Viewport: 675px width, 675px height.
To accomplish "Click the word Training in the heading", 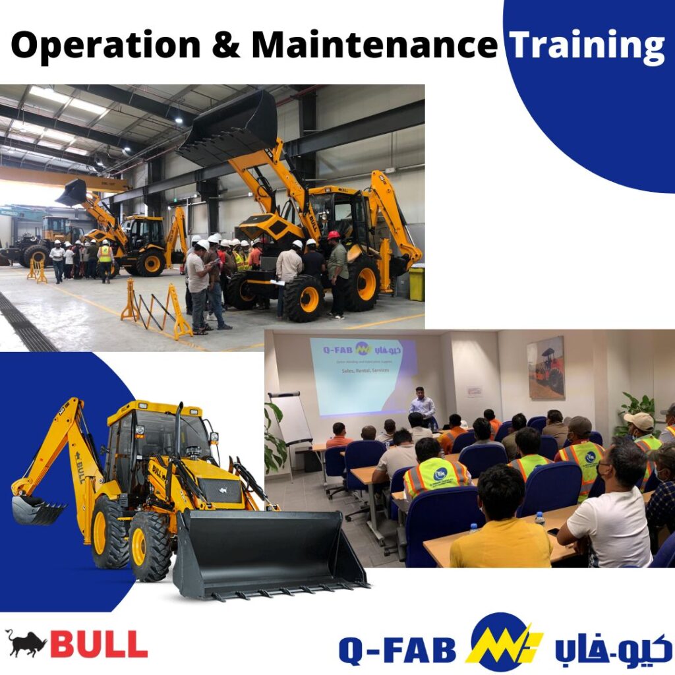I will [x=587, y=45].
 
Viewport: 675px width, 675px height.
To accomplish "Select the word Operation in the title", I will [x=106, y=45].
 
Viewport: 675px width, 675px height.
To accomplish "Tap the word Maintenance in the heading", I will [x=374, y=45].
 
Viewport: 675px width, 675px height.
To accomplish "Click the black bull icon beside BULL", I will [x=26, y=643].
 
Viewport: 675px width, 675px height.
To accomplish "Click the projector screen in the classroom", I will [x=363, y=376].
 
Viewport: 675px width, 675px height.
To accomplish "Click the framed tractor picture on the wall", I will [x=546, y=367].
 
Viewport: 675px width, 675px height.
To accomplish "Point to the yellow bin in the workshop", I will [x=416, y=283].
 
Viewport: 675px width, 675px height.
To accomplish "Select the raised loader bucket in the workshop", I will [x=231, y=125].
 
